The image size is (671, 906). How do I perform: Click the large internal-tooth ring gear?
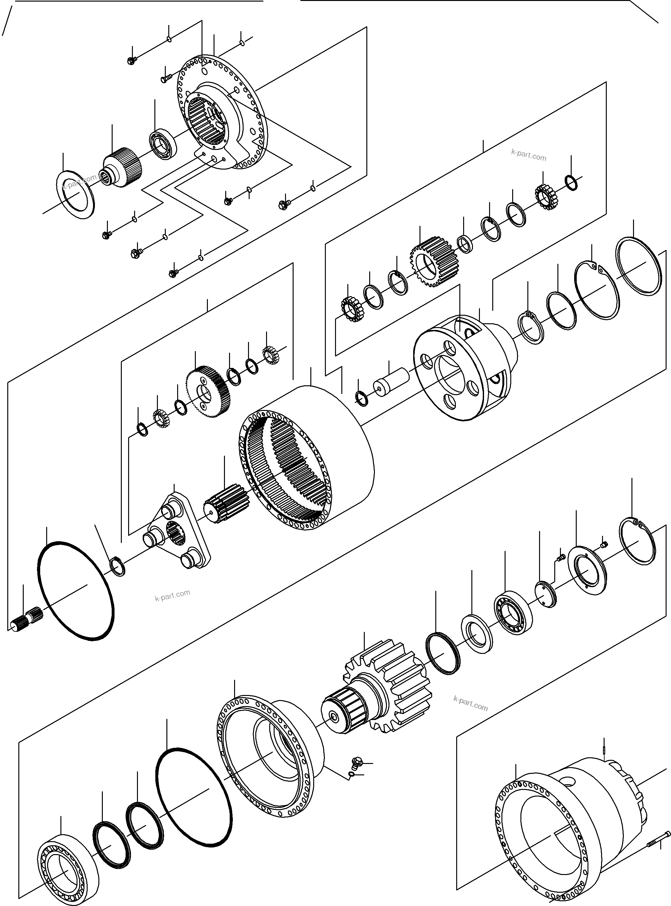309,459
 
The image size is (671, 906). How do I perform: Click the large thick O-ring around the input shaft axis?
76,591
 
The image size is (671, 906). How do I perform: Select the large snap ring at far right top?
638,266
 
